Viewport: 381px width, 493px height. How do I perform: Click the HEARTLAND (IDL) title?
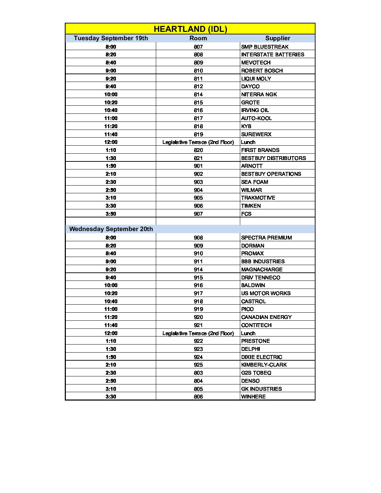coord(190,29)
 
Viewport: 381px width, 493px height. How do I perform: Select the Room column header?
coord(198,38)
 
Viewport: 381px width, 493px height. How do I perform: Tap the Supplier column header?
coord(277,38)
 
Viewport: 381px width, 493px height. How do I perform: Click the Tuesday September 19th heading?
coord(111,38)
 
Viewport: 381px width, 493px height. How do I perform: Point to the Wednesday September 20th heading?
coord(111,229)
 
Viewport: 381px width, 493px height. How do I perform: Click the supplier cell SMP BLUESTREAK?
coord(265,47)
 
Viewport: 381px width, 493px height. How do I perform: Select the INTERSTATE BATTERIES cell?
coord(272,55)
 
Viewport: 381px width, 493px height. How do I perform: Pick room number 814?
coord(198,95)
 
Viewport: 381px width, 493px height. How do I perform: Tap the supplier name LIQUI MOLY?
coord(256,79)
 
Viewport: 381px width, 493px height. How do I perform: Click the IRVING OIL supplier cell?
coord(255,110)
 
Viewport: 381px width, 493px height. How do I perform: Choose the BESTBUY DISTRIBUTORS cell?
coord(273,158)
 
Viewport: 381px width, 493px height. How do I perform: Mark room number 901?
coord(198,166)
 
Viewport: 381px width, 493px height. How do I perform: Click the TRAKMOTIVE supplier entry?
coord(258,198)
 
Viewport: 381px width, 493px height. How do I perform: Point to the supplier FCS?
coord(246,214)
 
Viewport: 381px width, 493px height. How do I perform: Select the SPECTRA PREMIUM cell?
coord(266,238)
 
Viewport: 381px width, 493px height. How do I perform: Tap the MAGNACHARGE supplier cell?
coord(262,270)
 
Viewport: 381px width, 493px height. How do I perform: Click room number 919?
coord(198,309)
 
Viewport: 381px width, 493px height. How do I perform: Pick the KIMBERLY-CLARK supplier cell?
coord(264,365)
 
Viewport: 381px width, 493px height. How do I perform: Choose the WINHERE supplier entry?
coord(253,397)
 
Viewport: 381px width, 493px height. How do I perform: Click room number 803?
coord(198,373)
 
